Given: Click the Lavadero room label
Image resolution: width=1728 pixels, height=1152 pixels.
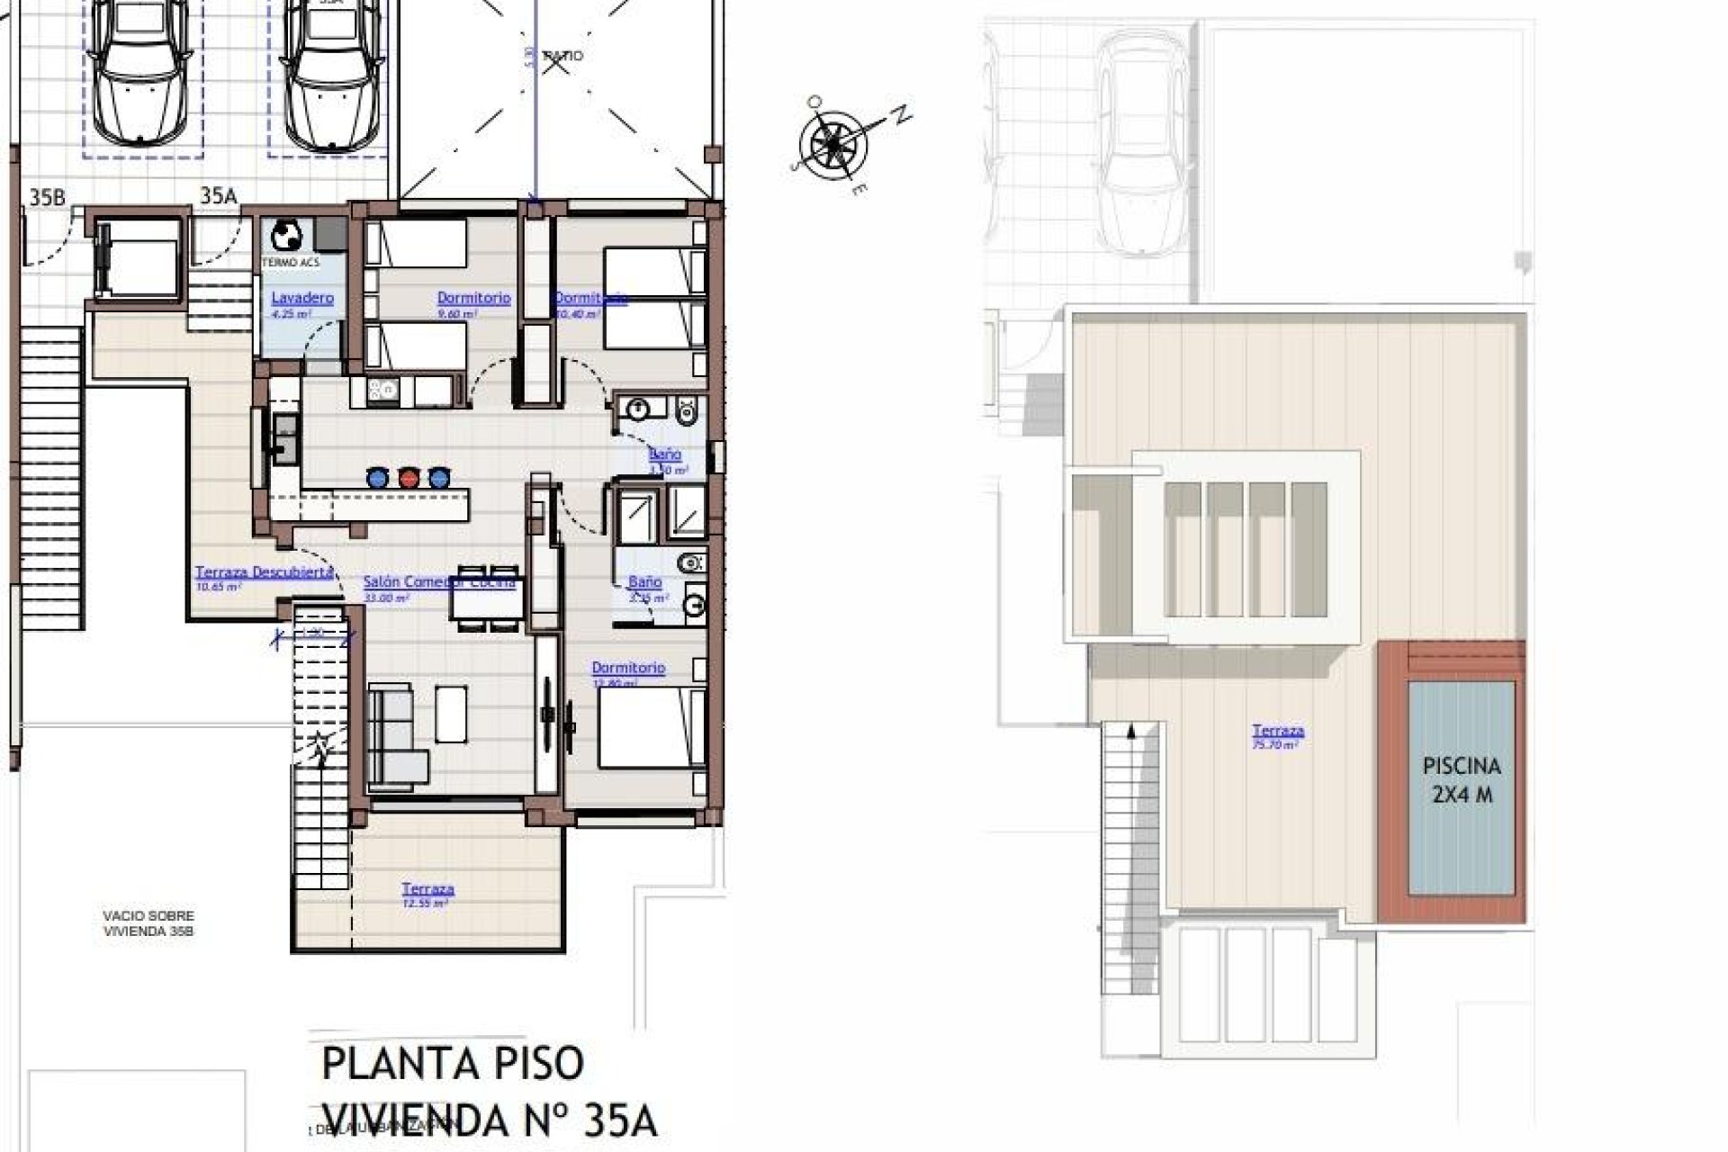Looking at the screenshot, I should [302, 298].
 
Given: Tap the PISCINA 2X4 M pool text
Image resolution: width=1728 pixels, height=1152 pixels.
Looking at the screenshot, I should [1462, 780].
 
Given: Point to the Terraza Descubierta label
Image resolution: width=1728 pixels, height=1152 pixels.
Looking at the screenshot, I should [265, 572].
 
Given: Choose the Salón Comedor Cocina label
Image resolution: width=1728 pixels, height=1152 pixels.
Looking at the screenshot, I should [438, 582].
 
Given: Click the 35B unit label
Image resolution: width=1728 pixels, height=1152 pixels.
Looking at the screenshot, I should [48, 197].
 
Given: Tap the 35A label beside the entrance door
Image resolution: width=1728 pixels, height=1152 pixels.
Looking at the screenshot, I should [218, 197].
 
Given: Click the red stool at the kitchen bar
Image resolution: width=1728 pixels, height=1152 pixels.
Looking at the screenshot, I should [409, 478].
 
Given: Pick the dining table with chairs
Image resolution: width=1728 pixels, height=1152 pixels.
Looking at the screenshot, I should [487, 597].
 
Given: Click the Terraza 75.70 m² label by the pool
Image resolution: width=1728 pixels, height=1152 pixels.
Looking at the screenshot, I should [1278, 733].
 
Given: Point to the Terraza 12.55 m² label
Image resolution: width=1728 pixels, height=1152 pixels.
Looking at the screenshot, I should [427, 890].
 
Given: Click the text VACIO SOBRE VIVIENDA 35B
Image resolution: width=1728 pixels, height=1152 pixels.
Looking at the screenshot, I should [148, 923].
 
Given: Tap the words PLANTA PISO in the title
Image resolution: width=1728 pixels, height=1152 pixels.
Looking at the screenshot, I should [453, 1065].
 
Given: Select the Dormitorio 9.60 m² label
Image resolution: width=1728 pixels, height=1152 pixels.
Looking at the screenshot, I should [473, 298].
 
